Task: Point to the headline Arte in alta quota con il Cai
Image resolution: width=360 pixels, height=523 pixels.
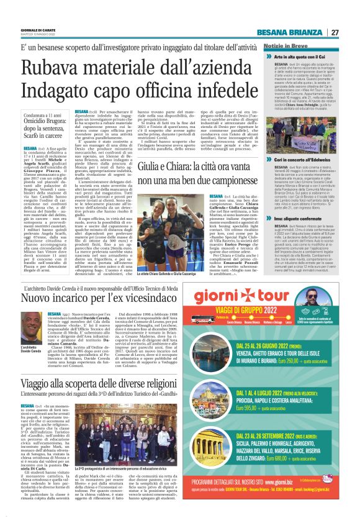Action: tap(296, 57)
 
